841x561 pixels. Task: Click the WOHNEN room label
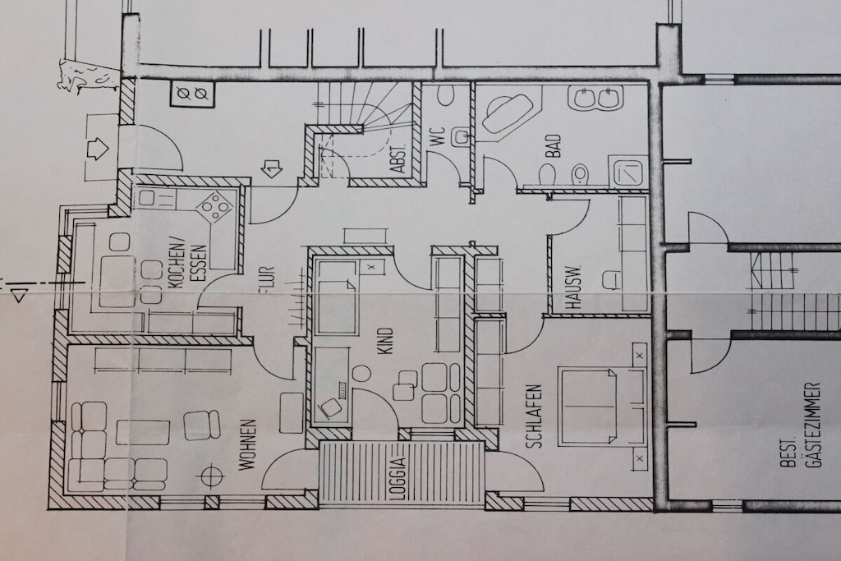[x=248, y=445]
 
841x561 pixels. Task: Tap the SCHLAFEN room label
[x=534, y=416]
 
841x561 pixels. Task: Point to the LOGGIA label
[x=399, y=477]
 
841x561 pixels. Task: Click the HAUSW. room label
[x=572, y=287]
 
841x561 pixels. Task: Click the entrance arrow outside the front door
[x=98, y=147]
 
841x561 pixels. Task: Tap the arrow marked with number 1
[x=271, y=169]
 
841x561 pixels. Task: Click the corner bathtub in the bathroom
[x=505, y=114]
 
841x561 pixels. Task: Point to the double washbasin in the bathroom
[x=596, y=98]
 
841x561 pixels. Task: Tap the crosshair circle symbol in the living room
[x=213, y=474]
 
